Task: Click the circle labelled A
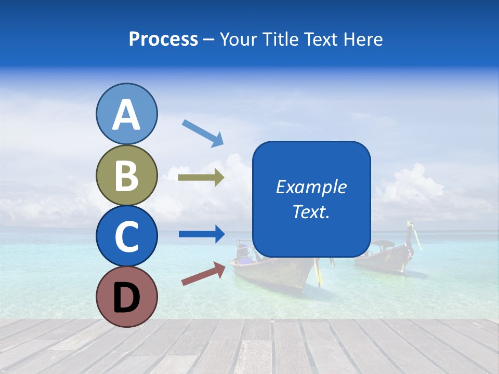[x=126, y=114]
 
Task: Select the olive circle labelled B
[x=126, y=175]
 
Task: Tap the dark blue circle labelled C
[x=126, y=236]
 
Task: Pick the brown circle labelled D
[x=126, y=297]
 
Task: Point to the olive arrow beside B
[x=201, y=178]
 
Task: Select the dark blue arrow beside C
[x=202, y=234]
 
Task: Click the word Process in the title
[x=163, y=39]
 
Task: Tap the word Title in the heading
[x=281, y=39]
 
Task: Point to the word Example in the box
[x=311, y=187]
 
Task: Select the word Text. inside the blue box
[x=311, y=211]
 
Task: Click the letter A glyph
[x=126, y=115]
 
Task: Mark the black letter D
[x=126, y=298]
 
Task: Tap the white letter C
[x=126, y=237]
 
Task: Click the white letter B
[x=126, y=176]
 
